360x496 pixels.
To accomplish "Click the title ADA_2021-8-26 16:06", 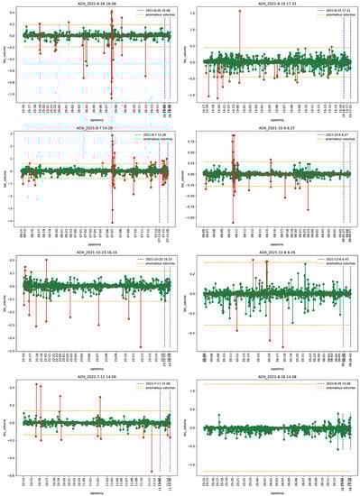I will [91, 5].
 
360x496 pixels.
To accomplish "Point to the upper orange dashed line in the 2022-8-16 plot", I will [271, 384].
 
